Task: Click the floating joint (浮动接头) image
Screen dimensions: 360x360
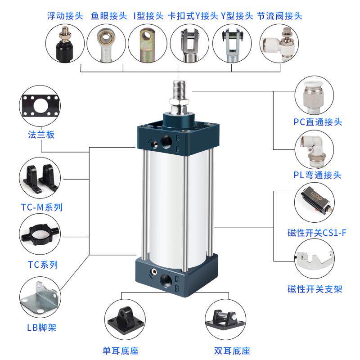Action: point(65,44)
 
